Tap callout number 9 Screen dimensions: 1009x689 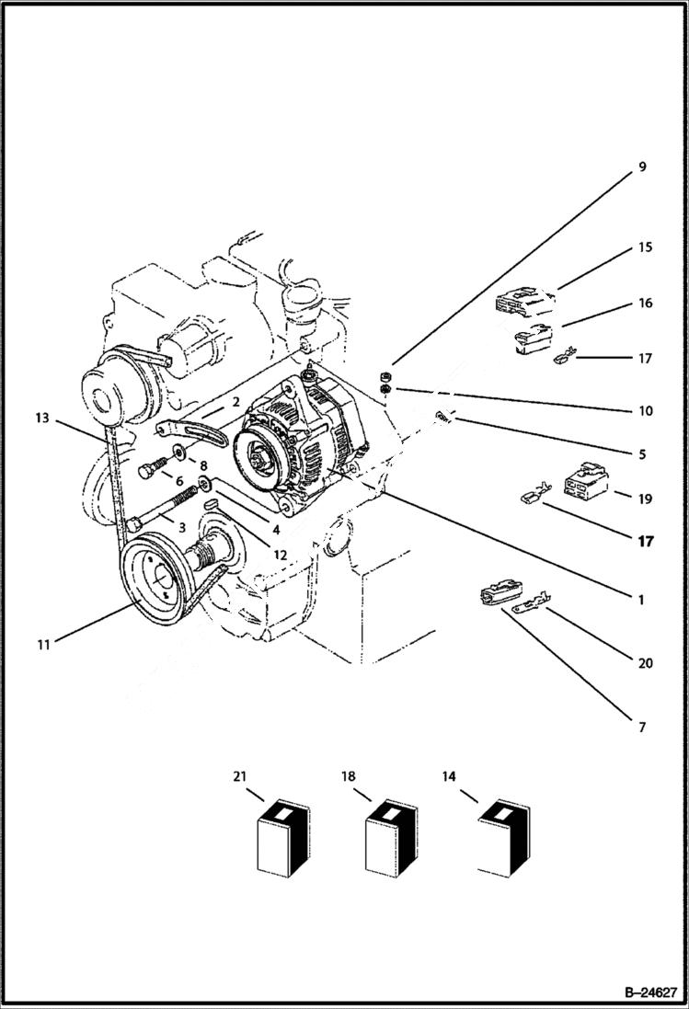(x=642, y=167)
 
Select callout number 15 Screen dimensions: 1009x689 (x=645, y=248)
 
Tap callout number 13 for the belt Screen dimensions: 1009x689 (x=42, y=419)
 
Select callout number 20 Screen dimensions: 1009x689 (x=645, y=663)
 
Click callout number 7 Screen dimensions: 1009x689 (x=641, y=728)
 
